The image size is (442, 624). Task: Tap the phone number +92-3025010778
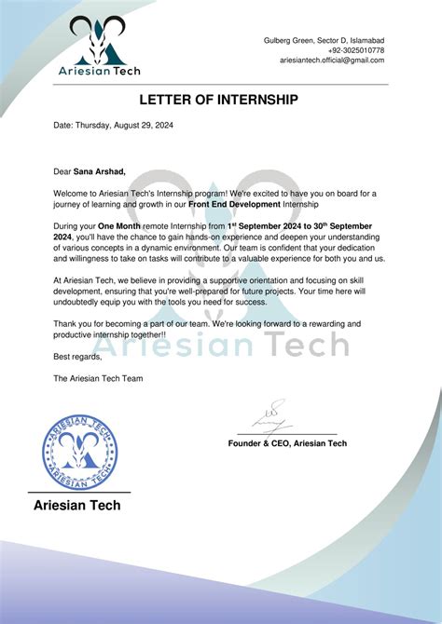[x=355, y=50]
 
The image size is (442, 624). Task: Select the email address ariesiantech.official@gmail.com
[x=332, y=61]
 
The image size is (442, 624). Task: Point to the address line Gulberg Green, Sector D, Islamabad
[x=326, y=40]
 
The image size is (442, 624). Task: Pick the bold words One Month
[x=119, y=226]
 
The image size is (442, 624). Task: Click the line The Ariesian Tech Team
[x=98, y=378]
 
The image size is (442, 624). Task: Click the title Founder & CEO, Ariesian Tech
[x=287, y=443]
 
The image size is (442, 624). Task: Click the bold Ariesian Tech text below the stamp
[x=76, y=506]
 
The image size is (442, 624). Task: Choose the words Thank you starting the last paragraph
[x=72, y=323]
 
